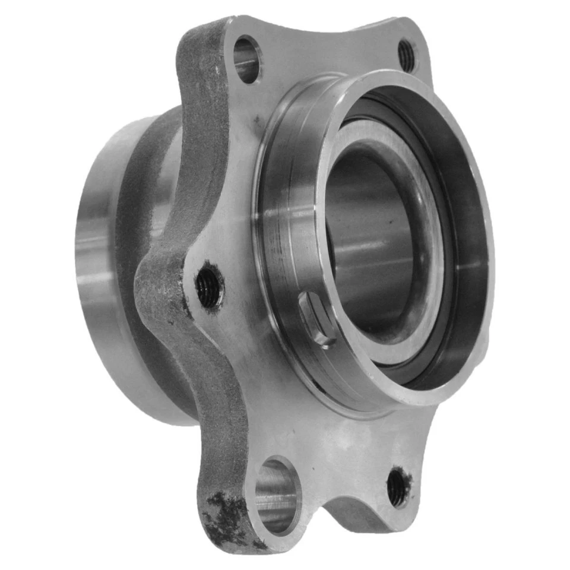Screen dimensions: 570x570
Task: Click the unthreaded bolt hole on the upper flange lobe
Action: [246, 59]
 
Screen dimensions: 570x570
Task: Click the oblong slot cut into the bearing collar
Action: [316, 318]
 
